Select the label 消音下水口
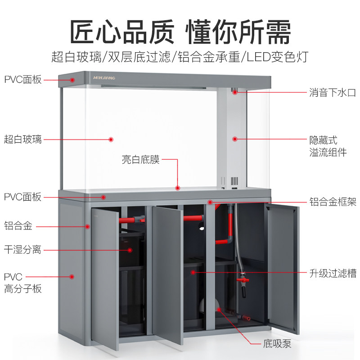coord(333,93)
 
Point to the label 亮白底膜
coord(140,160)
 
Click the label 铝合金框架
coord(333,201)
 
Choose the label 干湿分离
coord(22,249)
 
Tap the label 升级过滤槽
coord(333,273)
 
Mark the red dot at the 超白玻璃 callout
coord(111,139)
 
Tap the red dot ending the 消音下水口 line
coord(235,92)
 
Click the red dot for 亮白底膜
coord(178,188)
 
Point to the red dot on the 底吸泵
coord(220,309)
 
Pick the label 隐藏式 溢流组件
coord(328,146)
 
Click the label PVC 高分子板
coord(22,283)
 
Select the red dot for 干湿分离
coord(130,250)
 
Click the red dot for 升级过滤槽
coord(193,272)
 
